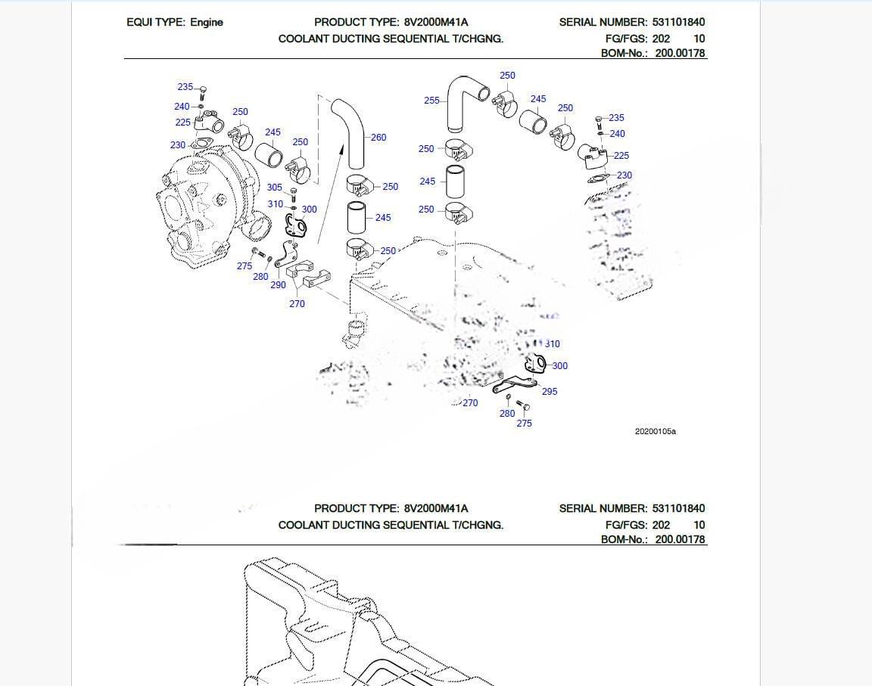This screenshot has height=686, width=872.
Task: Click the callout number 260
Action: [x=378, y=138]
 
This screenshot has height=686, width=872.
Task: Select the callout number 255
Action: [x=431, y=101]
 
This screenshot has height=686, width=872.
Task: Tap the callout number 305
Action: [x=275, y=188]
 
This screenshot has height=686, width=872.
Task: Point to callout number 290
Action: [x=278, y=285]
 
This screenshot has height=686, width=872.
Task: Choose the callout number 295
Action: [x=550, y=392]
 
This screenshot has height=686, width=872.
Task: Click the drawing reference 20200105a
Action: [x=655, y=432]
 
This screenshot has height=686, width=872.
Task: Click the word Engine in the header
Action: [x=207, y=23]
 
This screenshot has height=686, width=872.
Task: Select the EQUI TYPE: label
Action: [x=155, y=23]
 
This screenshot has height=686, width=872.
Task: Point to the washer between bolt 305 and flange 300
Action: [x=294, y=207]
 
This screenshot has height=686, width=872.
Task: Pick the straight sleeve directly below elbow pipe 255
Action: [x=455, y=182]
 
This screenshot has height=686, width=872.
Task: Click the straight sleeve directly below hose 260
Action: [x=357, y=217]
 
